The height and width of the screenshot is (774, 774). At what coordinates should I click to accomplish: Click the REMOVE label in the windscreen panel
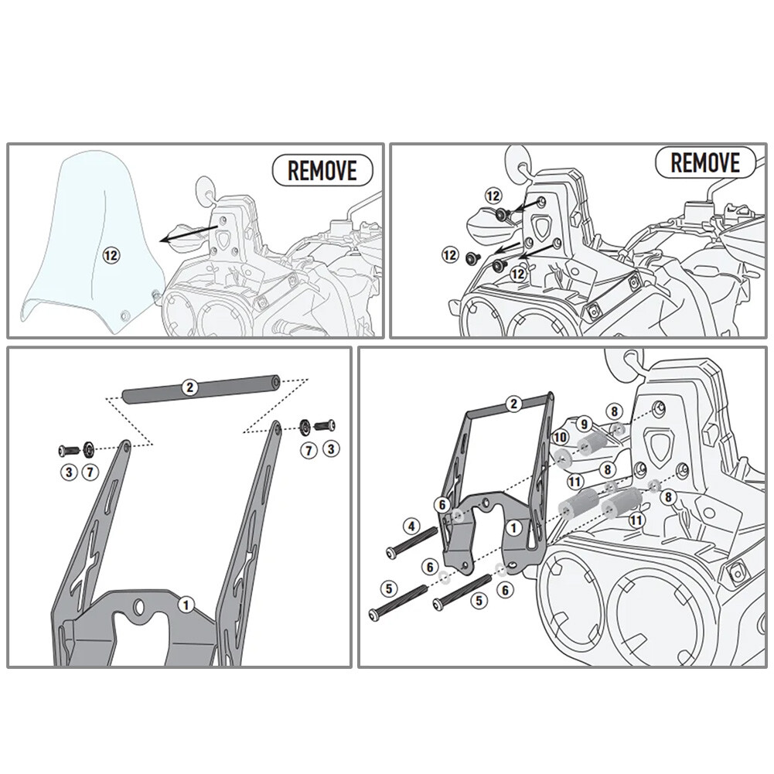point(322,169)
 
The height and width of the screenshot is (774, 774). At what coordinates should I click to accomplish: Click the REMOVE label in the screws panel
point(704,162)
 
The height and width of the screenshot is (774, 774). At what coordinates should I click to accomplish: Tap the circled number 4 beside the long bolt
point(412,528)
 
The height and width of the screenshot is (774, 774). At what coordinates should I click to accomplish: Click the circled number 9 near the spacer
point(585,425)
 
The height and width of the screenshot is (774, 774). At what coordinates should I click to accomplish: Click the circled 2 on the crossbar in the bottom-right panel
point(512,403)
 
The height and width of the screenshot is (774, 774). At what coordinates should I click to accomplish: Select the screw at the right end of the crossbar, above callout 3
point(326,425)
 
